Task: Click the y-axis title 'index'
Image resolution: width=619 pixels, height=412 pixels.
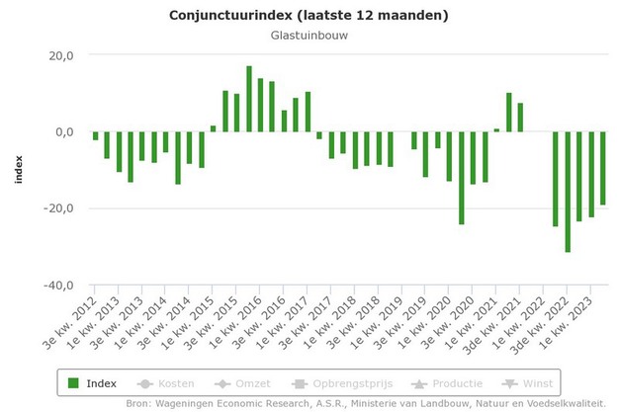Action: pos(18,170)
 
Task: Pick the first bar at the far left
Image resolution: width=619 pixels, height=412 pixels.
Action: pos(96,136)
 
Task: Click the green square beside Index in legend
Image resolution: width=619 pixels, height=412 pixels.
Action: pos(73,382)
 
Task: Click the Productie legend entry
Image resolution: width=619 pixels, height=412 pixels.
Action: pos(446,382)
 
